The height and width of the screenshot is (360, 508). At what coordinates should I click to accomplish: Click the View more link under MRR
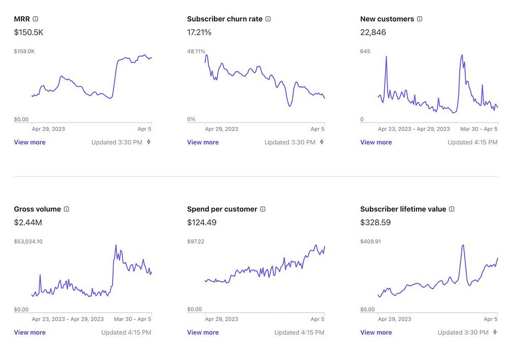29,142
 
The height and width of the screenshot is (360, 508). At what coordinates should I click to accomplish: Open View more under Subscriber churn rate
203,142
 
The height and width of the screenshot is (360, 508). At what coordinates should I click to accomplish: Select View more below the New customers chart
376,142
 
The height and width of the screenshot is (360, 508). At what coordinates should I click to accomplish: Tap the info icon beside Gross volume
67,209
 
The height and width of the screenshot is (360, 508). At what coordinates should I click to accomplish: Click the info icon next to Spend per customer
263,209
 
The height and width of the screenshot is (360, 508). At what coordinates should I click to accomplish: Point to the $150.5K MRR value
28,33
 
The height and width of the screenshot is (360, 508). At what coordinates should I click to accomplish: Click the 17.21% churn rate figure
199,33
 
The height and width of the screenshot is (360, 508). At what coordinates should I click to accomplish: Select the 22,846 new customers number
373,33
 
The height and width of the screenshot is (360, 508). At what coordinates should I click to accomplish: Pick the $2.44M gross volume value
28,223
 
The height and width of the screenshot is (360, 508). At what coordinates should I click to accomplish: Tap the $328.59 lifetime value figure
375,223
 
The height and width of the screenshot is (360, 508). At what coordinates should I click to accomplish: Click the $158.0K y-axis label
24,51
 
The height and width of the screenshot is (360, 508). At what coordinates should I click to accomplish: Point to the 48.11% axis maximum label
196,51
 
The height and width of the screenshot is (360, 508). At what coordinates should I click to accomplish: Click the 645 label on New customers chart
365,51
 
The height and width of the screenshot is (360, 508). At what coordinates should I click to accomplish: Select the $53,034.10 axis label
28,242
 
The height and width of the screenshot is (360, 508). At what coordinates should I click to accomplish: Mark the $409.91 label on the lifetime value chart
370,242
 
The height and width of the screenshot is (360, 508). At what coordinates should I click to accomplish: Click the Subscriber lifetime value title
403,209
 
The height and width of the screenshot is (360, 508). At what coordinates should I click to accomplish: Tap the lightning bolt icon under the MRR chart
149,142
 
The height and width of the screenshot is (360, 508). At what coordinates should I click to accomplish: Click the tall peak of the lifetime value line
463,246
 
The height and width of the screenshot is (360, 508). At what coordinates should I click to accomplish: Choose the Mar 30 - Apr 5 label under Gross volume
133,319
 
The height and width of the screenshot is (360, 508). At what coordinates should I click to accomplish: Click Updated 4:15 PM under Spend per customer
299,333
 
